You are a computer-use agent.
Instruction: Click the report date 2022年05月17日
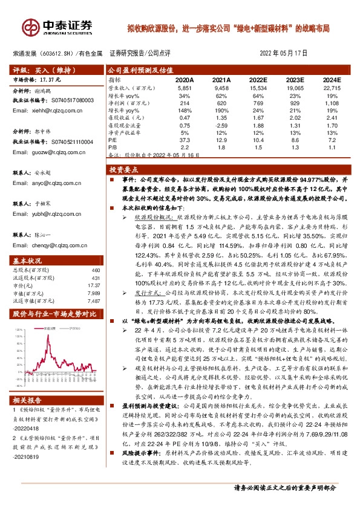[x=283, y=53]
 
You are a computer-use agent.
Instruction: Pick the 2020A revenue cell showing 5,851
[x=184, y=88]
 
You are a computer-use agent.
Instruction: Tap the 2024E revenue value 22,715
[x=332, y=88]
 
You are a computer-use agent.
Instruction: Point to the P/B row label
[x=112, y=146]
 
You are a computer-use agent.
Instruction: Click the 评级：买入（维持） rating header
[x=38, y=70]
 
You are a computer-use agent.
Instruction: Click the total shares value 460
[x=95, y=270]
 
